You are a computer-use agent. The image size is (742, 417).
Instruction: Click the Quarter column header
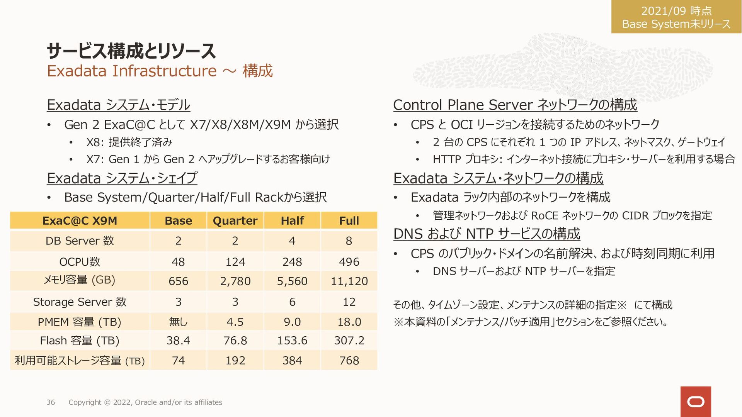pyautogui.click(x=235, y=220)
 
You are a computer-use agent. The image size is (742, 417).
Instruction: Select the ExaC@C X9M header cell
pyautogui.click(x=80, y=220)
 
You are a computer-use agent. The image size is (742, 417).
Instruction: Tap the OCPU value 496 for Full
pyautogui.click(x=349, y=262)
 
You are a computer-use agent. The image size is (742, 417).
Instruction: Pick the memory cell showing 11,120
pyautogui.click(x=349, y=281)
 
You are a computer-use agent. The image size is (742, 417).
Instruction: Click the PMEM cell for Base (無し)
pyautogui.click(x=178, y=322)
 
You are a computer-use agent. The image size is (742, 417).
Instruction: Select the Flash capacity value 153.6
pyautogui.click(x=292, y=340)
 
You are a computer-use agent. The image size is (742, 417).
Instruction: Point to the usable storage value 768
pyautogui.click(x=349, y=360)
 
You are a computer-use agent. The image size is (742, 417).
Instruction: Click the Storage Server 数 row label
pyautogui.click(x=80, y=302)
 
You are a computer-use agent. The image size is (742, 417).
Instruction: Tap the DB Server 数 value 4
pyautogui.click(x=292, y=241)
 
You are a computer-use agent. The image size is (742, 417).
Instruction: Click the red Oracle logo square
pyautogui.click(x=696, y=402)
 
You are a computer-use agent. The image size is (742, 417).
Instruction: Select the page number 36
pyautogui.click(x=51, y=402)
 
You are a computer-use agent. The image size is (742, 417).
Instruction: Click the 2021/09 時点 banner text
pyautogui.click(x=676, y=11)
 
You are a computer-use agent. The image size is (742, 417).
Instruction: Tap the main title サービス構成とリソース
pyautogui.click(x=131, y=51)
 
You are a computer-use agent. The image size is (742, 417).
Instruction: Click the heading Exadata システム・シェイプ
pyautogui.click(x=122, y=178)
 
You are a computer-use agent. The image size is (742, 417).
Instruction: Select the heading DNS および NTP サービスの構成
pyautogui.click(x=487, y=234)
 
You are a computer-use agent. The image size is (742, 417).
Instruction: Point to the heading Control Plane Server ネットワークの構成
pyautogui.click(x=515, y=105)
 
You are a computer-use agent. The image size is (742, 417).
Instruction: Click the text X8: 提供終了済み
pyautogui.click(x=129, y=142)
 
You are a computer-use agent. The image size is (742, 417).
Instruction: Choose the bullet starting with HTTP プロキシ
pyautogui.click(x=584, y=159)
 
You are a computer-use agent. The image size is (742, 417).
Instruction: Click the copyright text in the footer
pyautogui.click(x=145, y=402)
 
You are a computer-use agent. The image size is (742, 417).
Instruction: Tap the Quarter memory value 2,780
pyautogui.click(x=235, y=281)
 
